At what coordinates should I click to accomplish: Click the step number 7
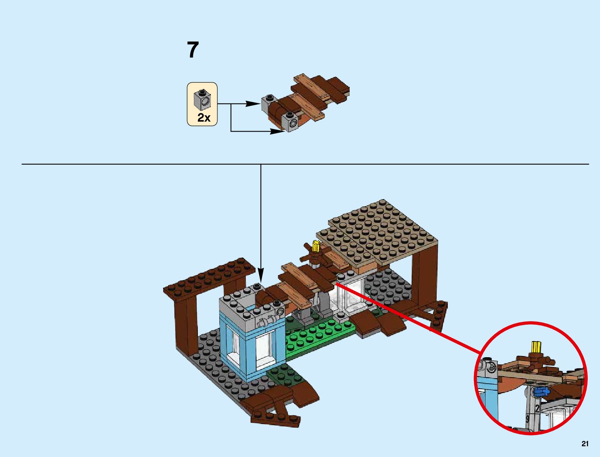point(193,50)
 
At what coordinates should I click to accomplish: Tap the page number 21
point(585,444)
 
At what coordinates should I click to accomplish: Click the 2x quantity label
point(204,118)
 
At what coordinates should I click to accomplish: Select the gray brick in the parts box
point(202,99)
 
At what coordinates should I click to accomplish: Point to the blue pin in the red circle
point(541,391)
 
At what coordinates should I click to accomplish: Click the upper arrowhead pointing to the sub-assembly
point(253,104)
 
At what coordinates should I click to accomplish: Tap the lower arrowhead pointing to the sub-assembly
point(278,131)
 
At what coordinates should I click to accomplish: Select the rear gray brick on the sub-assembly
point(270,102)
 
